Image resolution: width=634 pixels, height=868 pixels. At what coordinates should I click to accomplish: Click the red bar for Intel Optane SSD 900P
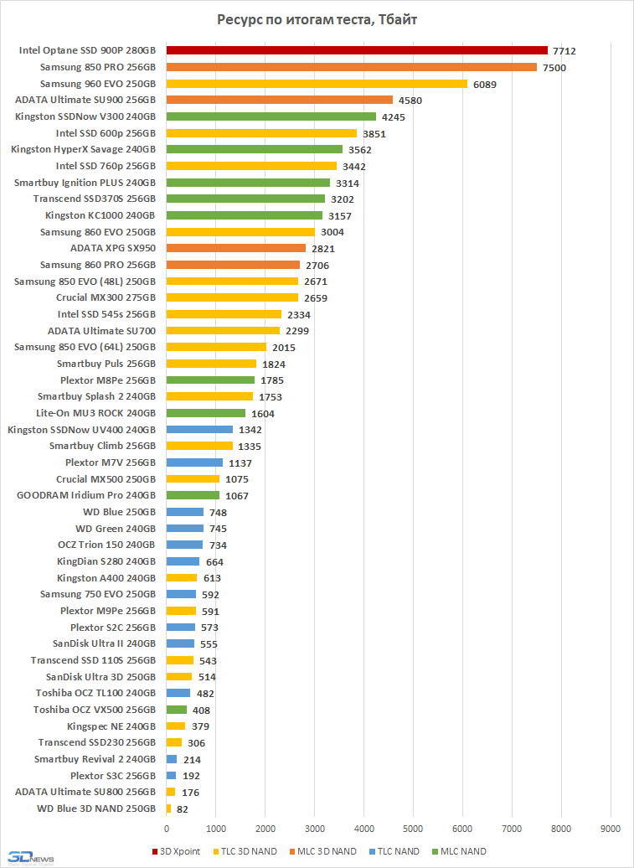click(357, 51)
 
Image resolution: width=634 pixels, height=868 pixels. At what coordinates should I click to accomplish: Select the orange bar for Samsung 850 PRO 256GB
click(352, 67)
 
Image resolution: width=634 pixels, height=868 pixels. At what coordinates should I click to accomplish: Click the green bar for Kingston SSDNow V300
click(271, 116)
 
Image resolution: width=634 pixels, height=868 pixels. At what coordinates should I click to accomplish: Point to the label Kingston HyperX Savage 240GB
click(83, 149)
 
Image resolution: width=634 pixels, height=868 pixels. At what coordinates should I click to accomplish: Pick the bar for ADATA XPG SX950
click(236, 248)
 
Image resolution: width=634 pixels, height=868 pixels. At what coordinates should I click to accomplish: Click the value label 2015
click(284, 347)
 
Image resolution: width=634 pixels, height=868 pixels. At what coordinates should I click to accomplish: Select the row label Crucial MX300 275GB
click(106, 297)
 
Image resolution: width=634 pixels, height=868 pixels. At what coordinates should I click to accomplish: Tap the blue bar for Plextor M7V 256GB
click(194, 462)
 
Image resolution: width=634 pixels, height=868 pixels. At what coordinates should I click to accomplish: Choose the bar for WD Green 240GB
click(185, 529)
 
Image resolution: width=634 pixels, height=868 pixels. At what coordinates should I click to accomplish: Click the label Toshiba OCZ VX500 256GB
click(95, 710)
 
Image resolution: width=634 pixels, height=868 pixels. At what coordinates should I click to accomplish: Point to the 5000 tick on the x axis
click(413, 829)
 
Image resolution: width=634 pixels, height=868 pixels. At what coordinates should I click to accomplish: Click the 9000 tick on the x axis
click(611, 829)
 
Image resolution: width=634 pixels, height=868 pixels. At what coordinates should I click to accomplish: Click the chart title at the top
click(317, 19)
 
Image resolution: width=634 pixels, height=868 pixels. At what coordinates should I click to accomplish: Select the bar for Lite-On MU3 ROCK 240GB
click(206, 413)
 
